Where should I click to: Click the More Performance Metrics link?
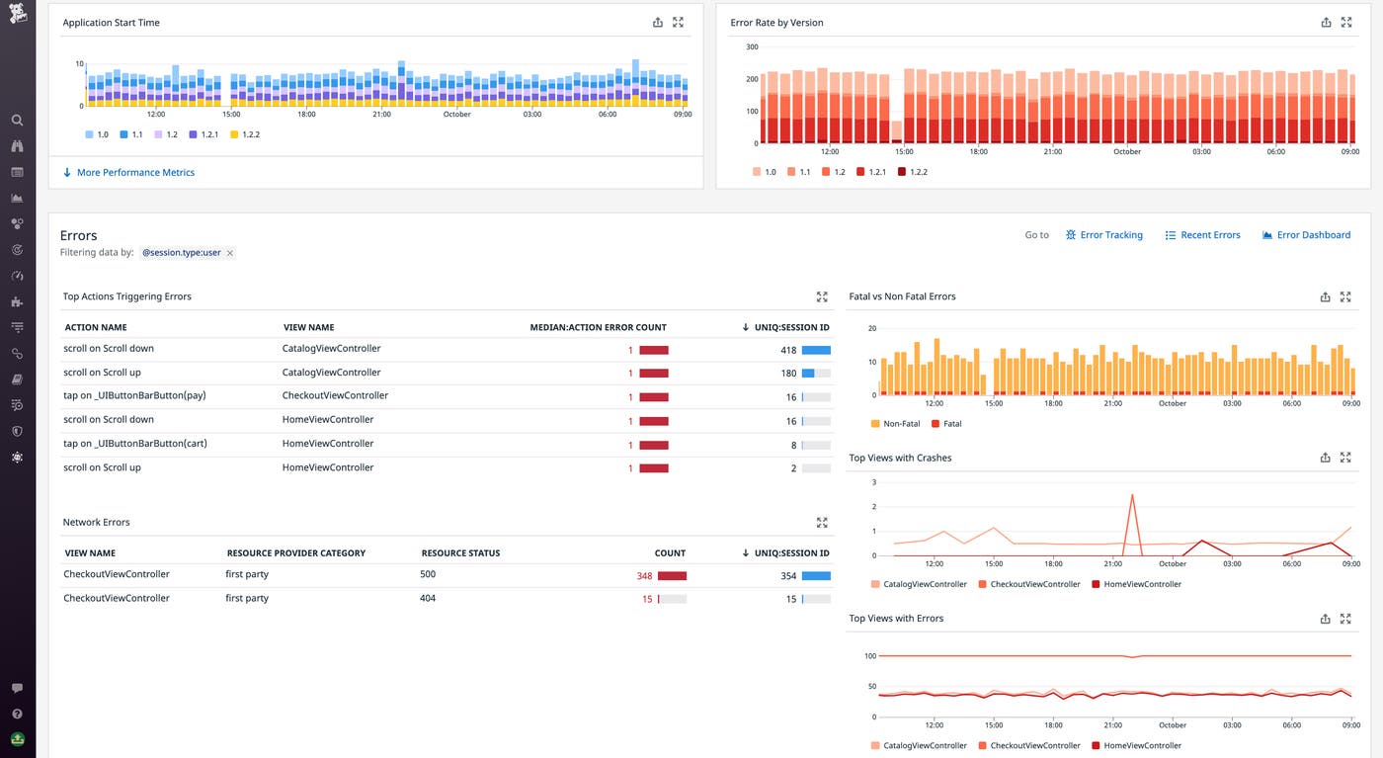point(135,173)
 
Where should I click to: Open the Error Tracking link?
point(1110,235)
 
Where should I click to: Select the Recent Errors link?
point(1209,235)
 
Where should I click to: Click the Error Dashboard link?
point(1313,235)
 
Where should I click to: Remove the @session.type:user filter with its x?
point(230,253)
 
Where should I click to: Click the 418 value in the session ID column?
point(787,350)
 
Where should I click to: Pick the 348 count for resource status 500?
point(644,576)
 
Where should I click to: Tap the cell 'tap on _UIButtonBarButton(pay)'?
point(134,396)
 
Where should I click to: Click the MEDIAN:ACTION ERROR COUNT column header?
point(598,327)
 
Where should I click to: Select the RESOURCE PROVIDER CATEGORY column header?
point(295,553)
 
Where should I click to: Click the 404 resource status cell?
point(428,599)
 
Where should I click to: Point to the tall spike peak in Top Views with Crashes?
point(1132,495)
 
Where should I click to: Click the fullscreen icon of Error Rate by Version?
point(1345,23)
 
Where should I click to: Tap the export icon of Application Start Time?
point(658,23)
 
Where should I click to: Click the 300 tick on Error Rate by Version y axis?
point(752,47)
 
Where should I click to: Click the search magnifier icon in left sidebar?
point(17,121)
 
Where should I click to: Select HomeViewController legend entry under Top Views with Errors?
point(1142,746)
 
